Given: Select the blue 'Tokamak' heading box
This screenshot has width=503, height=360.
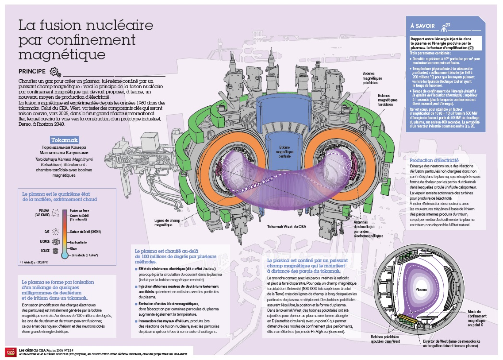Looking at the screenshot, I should coord(65,139).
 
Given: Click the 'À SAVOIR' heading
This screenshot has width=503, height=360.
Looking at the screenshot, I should coord(422,27).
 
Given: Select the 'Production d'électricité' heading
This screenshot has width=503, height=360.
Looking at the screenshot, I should coord(434,160).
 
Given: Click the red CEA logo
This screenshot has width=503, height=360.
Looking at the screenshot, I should coord(9,351).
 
